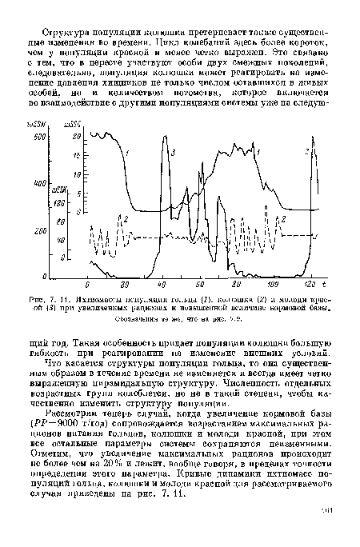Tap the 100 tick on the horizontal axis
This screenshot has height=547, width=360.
[x=272, y=285]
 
